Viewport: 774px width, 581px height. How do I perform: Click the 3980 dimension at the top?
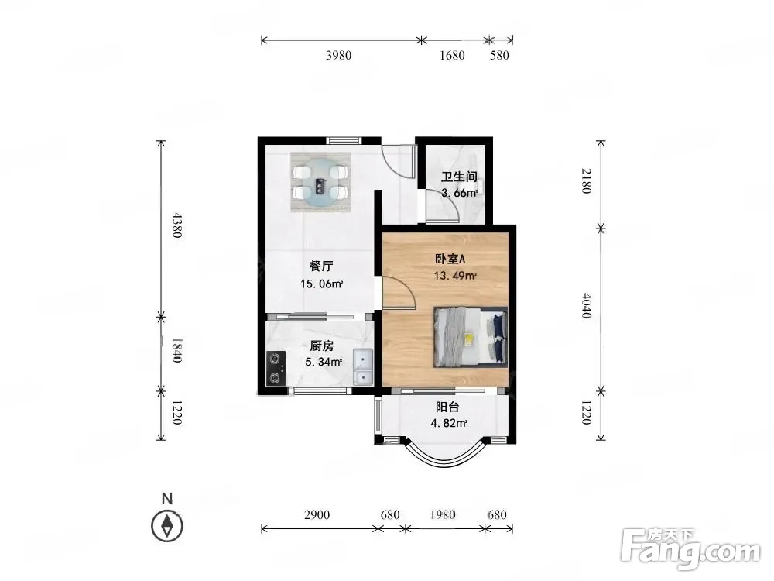(339, 55)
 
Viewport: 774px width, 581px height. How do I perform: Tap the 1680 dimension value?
(452, 55)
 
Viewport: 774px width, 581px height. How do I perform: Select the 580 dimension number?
(499, 55)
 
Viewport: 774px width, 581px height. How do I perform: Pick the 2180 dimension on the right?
(586, 180)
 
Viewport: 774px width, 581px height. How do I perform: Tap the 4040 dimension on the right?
(586, 305)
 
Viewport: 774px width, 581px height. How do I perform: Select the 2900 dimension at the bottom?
(317, 515)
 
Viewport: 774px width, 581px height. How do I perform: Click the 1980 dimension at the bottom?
(442, 515)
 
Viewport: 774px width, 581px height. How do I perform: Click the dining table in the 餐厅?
(321, 182)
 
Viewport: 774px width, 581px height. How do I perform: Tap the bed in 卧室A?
(471, 338)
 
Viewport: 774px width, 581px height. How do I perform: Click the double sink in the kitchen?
(363, 366)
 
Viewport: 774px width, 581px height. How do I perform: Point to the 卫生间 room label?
(459, 177)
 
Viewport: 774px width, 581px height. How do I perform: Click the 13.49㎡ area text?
(455, 276)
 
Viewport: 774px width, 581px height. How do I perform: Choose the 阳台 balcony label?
(447, 407)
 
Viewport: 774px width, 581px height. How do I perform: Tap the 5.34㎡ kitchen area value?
(324, 362)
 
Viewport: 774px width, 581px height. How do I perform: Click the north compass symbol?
(167, 526)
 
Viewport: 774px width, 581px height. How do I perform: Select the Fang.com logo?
(690, 549)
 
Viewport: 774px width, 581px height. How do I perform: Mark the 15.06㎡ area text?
(322, 284)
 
